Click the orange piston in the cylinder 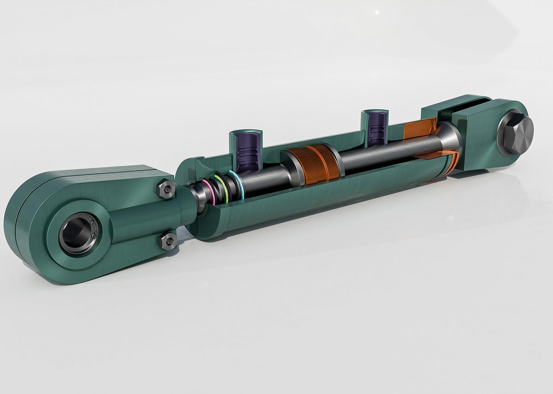[x=313, y=163]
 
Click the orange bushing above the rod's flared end [x=419, y=128]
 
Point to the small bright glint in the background [x=377, y=12]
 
